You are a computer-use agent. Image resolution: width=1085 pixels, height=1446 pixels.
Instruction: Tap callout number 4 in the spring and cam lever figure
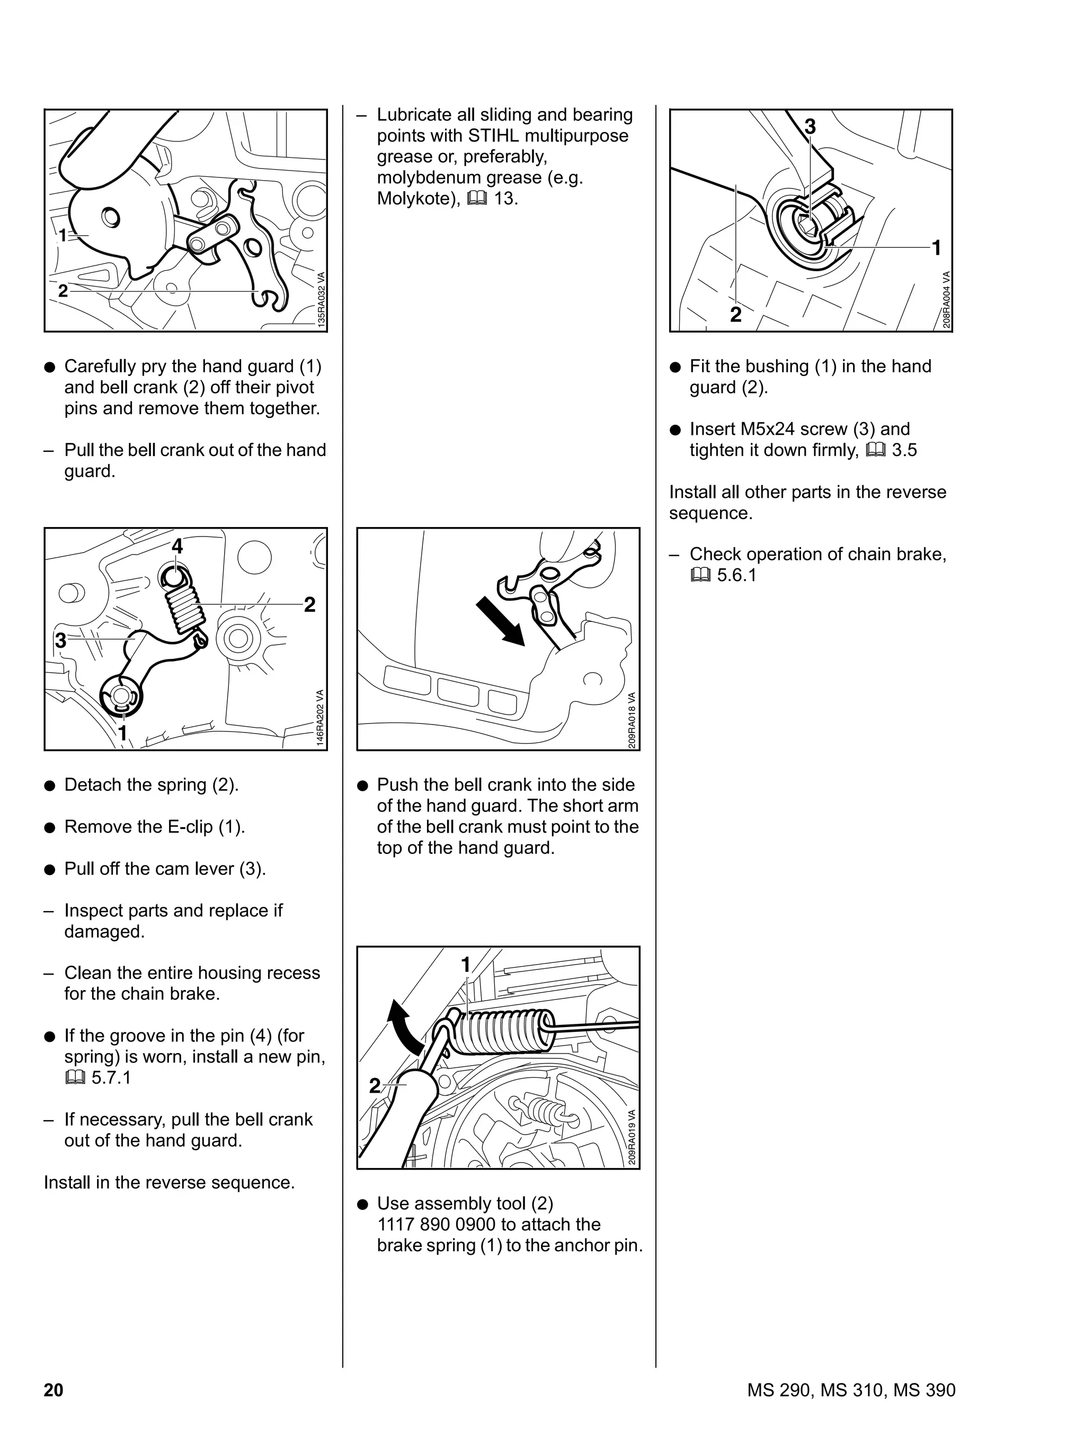(x=177, y=546)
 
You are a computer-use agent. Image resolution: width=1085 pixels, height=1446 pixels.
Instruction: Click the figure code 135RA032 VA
(x=321, y=299)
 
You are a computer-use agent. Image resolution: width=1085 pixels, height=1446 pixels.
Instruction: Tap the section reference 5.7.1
(x=111, y=1078)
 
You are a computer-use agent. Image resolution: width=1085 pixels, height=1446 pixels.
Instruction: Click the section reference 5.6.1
(x=736, y=575)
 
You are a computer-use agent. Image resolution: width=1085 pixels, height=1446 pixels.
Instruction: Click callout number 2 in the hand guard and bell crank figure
(x=63, y=291)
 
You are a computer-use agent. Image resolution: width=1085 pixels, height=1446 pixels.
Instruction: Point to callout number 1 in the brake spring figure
(x=466, y=965)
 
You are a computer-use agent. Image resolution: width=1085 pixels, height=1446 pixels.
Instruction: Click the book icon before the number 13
(x=477, y=199)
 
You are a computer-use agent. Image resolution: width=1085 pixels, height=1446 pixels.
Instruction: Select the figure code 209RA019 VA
(x=633, y=1137)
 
